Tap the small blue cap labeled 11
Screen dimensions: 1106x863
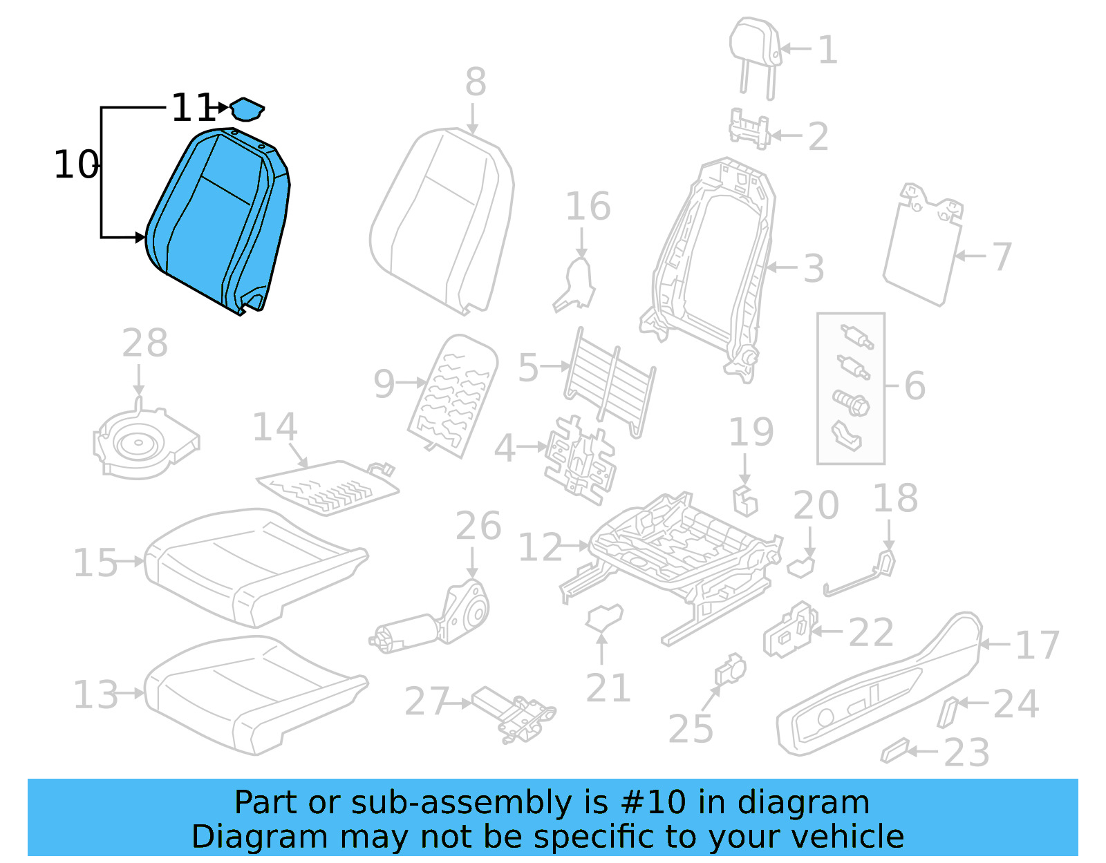tap(246, 109)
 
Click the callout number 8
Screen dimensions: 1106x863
tap(476, 82)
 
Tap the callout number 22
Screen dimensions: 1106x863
tap(870, 633)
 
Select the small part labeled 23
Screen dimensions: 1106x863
tap(895, 750)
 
